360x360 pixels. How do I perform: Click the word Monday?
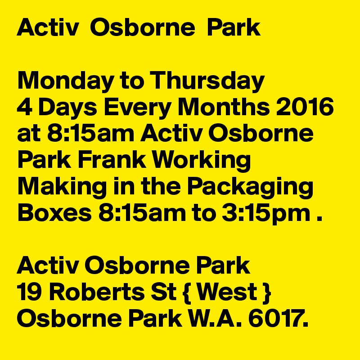(x=65, y=81)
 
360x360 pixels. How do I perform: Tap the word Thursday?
(x=207, y=81)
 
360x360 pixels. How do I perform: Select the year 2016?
(x=305, y=107)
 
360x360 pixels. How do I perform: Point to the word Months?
(x=224, y=107)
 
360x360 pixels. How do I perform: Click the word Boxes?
(x=54, y=212)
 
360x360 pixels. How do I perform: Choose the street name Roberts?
(x=97, y=292)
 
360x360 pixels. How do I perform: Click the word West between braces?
(x=227, y=292)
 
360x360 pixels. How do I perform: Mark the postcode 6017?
(x=278, y=318)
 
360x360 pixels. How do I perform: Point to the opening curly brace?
(x=187, y=293)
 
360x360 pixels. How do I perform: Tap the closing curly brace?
(x=267, y=293)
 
